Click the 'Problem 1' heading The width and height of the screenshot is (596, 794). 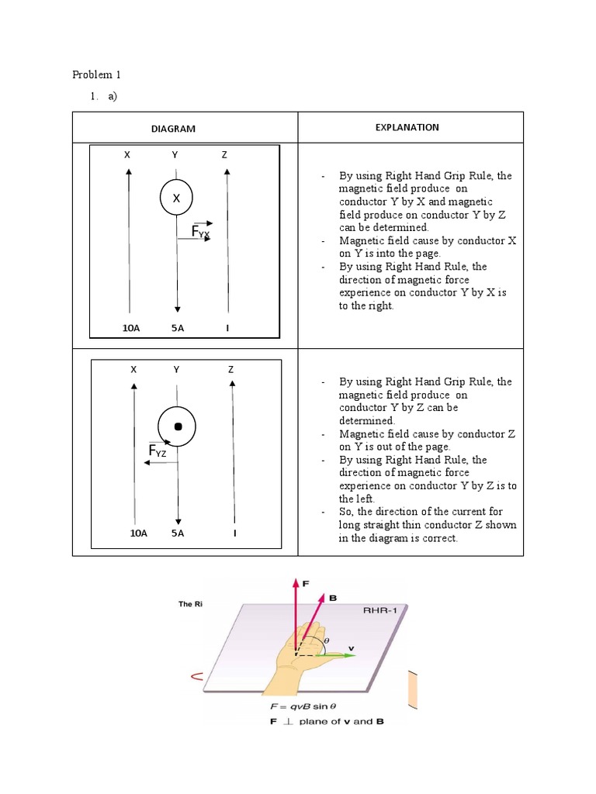pyautogui.click(x=97, y=75)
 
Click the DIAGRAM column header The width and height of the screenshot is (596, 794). pyautogui.click(x=174, y=129)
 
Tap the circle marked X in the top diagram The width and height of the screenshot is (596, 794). pyautogui.click(x=177, y=198)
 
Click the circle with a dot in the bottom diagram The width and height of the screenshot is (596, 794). pyautogui.click(x=178, y=426)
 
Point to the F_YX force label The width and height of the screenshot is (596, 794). pyautogui.click(x=201, y=231)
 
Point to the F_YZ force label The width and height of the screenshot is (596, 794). pyautogui.click(x=158, y=451)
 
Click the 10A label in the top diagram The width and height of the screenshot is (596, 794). pyautogui.click(x=131, y=328)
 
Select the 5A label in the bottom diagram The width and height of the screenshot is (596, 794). pyautogui.click(x=178, y=533)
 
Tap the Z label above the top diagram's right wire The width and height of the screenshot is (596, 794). pyautogui.click(x=224, y=155)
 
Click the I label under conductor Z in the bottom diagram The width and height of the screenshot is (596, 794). pyautogui.click(x=234, y=533)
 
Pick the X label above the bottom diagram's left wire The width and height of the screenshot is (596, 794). pyautogui.click(x=133, y=369)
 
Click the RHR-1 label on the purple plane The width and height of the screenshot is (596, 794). pyautogui.click(x=379, y=611)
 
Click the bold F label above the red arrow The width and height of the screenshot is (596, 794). pyautogui.click(x=304, y=582)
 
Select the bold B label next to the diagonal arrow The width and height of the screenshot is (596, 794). pyautogui.click(x=333, y=598)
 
